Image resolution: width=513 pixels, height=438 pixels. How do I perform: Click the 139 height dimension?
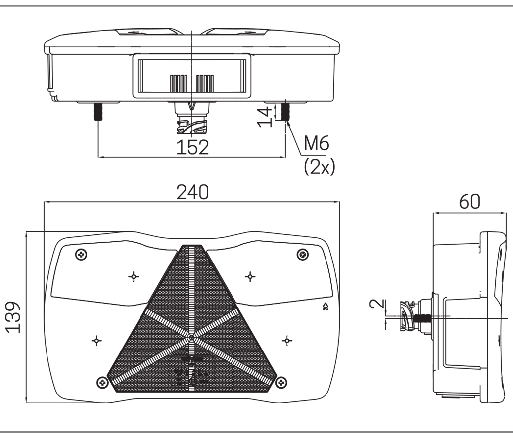point(15,316)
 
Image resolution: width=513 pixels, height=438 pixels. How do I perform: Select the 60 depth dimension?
point(469,203)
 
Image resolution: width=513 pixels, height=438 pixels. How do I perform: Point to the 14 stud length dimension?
point(266,115)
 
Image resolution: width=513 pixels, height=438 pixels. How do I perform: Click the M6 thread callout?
point(317,143)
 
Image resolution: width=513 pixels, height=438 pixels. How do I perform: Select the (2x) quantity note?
point(319,167)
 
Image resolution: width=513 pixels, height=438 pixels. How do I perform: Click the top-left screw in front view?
point(81,255)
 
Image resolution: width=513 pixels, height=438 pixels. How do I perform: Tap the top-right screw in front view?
point(303,254)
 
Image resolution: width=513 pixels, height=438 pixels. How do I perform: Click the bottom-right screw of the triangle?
point(281,381)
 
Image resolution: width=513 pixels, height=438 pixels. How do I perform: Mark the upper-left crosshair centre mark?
point(133,275)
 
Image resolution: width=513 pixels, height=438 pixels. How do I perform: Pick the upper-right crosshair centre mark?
point(251,275)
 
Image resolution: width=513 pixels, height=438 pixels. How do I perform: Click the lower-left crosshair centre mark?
point(97,340)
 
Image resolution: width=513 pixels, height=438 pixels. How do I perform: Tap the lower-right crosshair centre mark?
point(286,340)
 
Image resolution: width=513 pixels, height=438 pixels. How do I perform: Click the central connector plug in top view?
point(192,122)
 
